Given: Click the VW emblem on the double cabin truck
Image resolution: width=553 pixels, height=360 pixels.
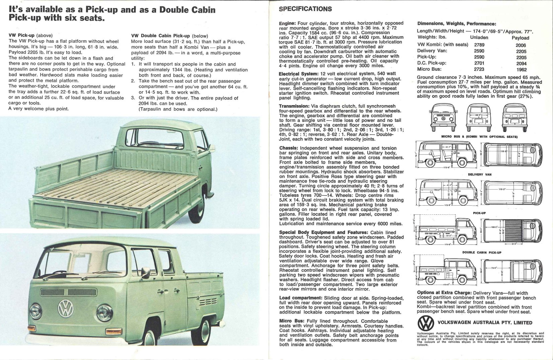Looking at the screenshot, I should point(66,308).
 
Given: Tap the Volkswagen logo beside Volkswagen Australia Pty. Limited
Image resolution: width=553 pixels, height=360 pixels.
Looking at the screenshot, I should point(426,323).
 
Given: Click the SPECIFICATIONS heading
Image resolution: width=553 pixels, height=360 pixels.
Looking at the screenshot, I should point(305,9).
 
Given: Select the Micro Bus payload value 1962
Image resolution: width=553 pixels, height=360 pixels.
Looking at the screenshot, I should point(521,70).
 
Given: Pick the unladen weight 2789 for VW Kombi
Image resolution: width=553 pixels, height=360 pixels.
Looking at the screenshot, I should point(479,45).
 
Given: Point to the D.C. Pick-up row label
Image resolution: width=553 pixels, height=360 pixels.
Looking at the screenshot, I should point(431,63).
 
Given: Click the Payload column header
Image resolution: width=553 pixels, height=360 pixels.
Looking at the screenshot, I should point(520,38).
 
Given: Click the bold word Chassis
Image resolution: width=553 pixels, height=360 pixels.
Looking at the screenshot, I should point(288,148).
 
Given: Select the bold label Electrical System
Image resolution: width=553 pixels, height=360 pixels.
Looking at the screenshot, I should point(299,74).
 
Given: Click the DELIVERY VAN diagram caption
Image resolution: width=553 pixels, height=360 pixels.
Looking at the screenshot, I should point(479,174).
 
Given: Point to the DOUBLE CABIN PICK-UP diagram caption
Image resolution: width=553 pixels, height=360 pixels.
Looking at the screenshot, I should point(482,253).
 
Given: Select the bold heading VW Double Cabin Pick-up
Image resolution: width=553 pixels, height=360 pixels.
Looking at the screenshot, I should point(160,36).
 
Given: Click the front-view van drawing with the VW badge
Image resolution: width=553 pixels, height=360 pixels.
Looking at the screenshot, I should point(444,119).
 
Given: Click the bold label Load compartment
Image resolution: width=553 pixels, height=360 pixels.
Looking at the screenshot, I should point(300,298).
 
